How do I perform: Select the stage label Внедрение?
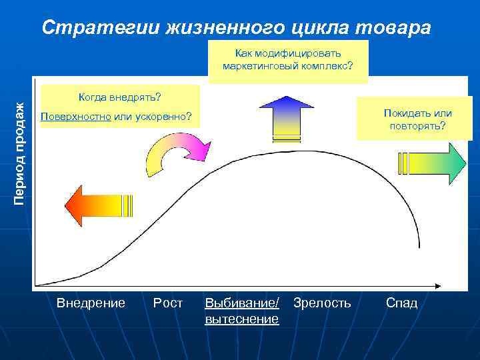pyautogui.click(x=91, y=303)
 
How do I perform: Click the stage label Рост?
pyautogui.click(x=168, y=303)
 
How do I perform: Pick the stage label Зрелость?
pyautogui.click(x=322, y=303)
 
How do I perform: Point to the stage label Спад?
pyautogui.click(x=402, y=303)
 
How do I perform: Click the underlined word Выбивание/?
pyautogui.click(x=243, y=303)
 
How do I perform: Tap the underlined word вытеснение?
pyautogui.click(x=241, y=319)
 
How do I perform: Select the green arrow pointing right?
pyautogui.click(x=433, y=163)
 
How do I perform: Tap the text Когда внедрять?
pyautogui.click(x=119, y=97)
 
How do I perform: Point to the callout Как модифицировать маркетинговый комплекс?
pyautogui.click(x=288, y=60)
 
